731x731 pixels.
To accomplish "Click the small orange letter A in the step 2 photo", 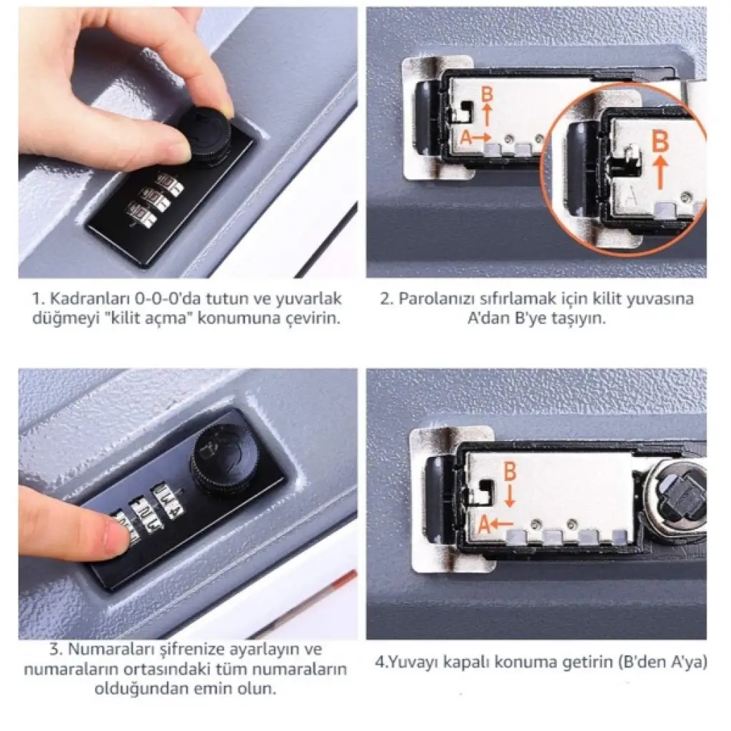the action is coord(465,138).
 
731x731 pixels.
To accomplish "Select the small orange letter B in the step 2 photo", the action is coord(487,95).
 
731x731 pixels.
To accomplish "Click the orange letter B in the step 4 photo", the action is coord(510,471).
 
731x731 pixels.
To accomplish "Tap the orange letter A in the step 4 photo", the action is coord(485,525).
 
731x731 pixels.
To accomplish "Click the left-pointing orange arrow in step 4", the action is coord(502,524).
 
